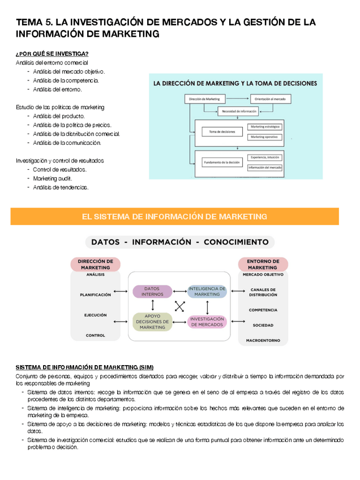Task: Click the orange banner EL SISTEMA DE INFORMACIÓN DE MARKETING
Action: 174,216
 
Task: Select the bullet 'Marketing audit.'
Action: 53,178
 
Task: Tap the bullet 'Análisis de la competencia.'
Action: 66,80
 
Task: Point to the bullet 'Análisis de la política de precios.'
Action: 72,125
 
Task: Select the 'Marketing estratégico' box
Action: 265,127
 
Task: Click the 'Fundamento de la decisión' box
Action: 221,163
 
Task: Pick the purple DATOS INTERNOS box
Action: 152,292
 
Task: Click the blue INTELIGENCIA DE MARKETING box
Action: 207,292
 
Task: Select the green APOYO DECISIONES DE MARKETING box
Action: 152,322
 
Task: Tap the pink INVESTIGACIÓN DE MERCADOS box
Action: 207,322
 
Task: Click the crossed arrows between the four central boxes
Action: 180,306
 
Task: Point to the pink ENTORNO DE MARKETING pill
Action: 263,264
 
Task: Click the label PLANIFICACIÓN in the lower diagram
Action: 95,294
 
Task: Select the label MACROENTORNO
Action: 263,341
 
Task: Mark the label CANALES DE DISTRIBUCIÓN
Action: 263,292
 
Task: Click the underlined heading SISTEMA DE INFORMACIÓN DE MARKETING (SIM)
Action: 84,367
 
